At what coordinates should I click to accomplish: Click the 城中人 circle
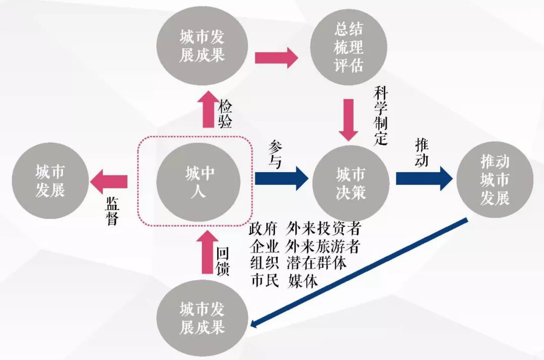tap(199, 181)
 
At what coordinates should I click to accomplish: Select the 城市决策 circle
tap(351, 182)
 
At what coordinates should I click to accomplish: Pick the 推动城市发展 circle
tap(495, 180)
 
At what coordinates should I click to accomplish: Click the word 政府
tap(263, 229)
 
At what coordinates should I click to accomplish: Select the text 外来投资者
tap(323, 229)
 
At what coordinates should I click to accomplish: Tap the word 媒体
tap(303, 281)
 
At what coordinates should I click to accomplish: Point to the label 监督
tap(112, 210)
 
